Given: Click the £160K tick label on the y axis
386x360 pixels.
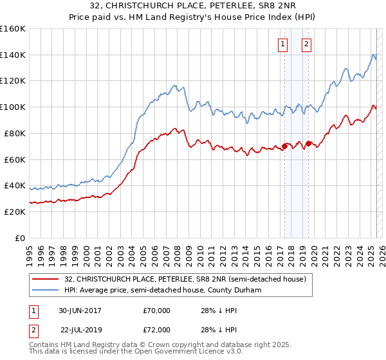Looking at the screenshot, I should pyautogui.click(x=13, y=29).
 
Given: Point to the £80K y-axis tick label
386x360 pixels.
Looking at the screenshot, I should pyautogui.click(x=15, y=133).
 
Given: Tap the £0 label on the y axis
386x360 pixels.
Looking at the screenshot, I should pyautogui.click(x=21, y=238).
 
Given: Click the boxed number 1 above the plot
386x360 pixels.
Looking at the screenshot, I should pyautogui.click(x=283, y=44).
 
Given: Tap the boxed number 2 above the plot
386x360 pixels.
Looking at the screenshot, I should pyautogui.click(x=306, y=44).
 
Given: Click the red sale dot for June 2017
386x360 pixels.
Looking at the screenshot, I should pyautogui.click(x=284, y=146).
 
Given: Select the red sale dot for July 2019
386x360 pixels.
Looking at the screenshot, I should pyautogui.click(x=308, y=143).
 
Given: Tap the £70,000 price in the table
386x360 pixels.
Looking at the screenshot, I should pyautogui.click(x=157, y=310).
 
